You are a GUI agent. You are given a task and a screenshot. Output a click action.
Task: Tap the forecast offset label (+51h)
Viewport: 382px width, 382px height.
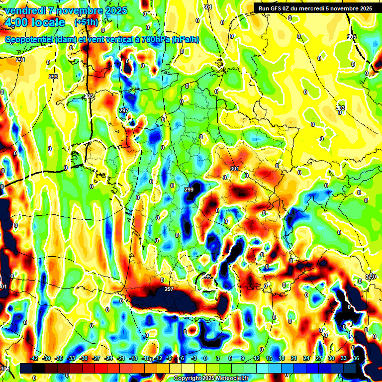(x=86, y=22)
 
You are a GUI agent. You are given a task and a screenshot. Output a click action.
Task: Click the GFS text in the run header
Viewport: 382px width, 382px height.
(x=278, y=8)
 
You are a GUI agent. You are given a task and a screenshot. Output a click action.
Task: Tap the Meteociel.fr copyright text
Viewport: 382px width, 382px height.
(x=229, y=378)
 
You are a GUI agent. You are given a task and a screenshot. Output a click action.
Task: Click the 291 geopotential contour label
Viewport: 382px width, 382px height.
(x=20, y=60)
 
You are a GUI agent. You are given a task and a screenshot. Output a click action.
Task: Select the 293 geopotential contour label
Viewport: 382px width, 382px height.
(x=53, y=77)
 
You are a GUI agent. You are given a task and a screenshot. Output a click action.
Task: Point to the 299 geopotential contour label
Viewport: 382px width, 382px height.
(x=189, y=190)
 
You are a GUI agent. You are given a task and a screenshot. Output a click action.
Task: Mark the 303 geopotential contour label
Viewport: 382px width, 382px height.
(x=340, y=108)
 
